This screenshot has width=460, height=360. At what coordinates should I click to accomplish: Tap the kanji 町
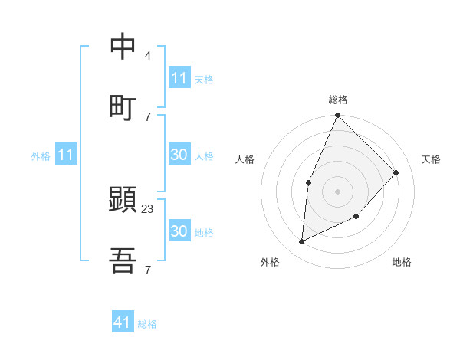(123, 107)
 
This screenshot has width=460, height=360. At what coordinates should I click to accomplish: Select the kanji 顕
(123, 201)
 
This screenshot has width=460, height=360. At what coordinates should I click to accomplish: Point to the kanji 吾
(123, 262)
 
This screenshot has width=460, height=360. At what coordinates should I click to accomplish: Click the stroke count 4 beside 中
(147, 56)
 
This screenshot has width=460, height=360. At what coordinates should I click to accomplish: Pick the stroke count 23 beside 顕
(148, 208)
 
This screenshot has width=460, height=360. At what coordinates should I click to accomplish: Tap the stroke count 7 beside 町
(147, 116)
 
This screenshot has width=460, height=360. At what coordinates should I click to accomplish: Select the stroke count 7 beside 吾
(147, 270)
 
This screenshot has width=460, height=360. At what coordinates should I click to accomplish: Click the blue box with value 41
(123, 322)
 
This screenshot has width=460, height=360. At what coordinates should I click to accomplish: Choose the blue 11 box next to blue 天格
(179, 78)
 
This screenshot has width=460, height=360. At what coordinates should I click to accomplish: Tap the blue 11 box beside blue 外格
(66, 155)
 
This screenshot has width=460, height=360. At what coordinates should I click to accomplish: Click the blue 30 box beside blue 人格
(179, 155)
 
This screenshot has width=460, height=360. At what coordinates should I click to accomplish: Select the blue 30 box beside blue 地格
(179, 231)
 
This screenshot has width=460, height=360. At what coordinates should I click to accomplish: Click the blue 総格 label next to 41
(147, 324)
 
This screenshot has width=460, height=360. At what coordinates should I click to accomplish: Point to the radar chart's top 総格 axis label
(338, 100)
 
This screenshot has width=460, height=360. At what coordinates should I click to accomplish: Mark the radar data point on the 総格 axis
(338, 116)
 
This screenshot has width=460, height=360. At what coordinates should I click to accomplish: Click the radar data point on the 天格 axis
(396, 172)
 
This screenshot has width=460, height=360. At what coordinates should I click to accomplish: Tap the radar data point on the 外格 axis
(302, 242)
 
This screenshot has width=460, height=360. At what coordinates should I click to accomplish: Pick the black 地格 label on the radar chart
(402, 263)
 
